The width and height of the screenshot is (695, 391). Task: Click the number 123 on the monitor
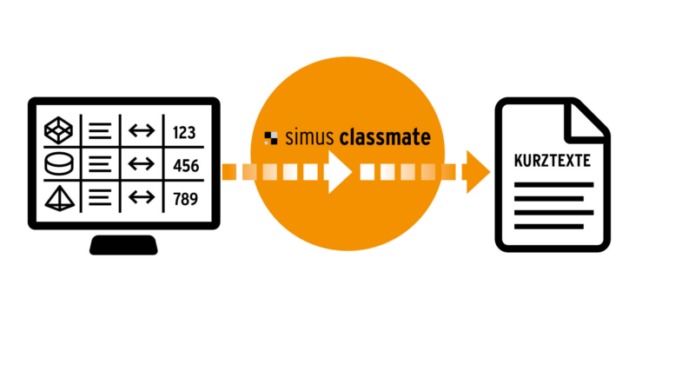(x=184, y=132)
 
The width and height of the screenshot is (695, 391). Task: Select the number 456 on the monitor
(x=184, y=165)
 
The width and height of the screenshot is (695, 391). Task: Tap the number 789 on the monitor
(x=184, y=199)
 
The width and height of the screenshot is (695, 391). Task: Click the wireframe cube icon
(x=59, y=131)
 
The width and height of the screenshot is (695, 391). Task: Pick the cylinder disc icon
(x=59, y=164)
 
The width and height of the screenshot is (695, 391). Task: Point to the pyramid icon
(x=59, y=197)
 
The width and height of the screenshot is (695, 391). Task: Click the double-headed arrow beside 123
(x=141, y=132)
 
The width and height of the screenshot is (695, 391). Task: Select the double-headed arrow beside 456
(x=141, y=165)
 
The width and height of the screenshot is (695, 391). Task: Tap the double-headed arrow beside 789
(x=141, y=198)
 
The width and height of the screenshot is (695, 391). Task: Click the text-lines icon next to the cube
(x=101, y=132)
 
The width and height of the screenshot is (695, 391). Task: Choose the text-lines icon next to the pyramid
(x=101, y=198)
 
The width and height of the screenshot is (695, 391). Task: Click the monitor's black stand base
(x=124, y=245)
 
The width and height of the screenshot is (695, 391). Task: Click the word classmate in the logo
(x=385, y=136)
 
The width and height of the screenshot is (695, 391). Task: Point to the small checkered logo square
(x=272, y=137)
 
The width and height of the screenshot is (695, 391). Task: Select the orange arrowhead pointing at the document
(x=477, y=172)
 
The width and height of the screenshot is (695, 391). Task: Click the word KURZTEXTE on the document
(x=553, y=162)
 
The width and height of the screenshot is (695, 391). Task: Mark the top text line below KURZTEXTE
(x=553, y=185)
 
